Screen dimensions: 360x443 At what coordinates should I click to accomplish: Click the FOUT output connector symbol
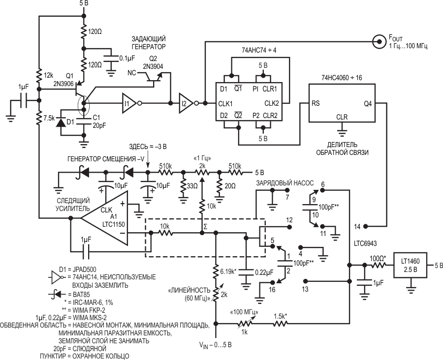[x=379, y=42]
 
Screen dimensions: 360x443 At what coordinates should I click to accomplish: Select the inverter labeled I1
[x=128, y=103]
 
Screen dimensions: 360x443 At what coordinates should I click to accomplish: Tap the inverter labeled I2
[x=186, y=103]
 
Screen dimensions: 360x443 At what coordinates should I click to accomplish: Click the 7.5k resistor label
[x=50, y=118]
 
